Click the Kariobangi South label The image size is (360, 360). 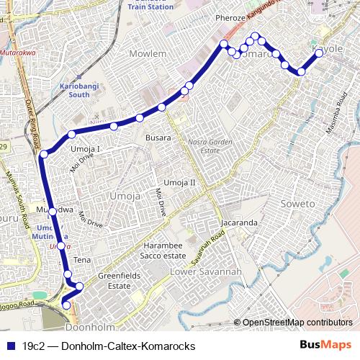pyautogui.click(x=74, y=89)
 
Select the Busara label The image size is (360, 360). pyautogui.click(x=158, y=137)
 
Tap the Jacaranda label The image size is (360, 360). pyautogui.click(x=239, y=222)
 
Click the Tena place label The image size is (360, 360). pyautogui.click(x=82, y=259)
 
